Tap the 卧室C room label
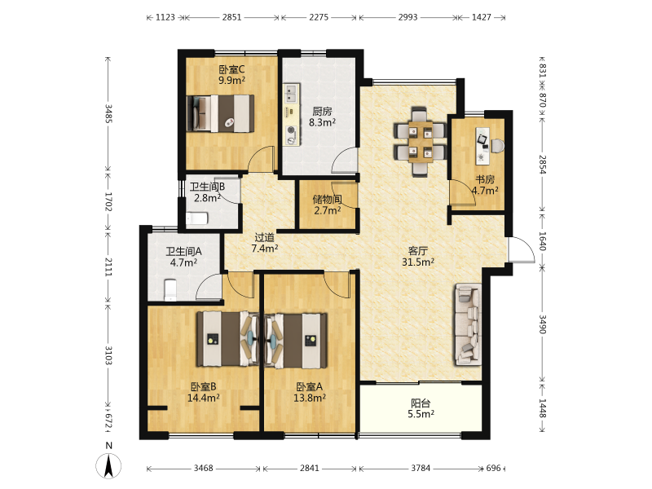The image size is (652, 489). pyautogui.click(x=231, y=69)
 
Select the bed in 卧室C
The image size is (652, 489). pyautogui.click(x=220, y=113)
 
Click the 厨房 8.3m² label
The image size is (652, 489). pyautogui.click(x=322, y=117)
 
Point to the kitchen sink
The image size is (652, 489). pyautogui.click(x=291, y=94)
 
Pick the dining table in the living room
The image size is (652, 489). pyautogui.click(x=421, y=142)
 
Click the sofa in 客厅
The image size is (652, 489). pyautogui.click(x=468, y=324)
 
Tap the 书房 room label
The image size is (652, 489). pyautogui.click(x=485, y=179)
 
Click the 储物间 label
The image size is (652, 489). pyautogui.click(x=328, y=199)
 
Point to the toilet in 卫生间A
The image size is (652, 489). pyautogui.click(x=170, y=290)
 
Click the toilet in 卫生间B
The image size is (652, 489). pyautogui.click(x=196, y=218)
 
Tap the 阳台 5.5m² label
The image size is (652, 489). pyautogui.click(x=421, y=408)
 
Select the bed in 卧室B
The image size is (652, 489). pyautogui.click(x=228, y=339)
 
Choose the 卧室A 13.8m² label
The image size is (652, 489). pyautogui.click(x=310, y=392)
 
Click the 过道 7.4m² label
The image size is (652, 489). pyautogui.click(x=264, y=243)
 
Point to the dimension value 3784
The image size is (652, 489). pyautogui.click(x=421, y=468)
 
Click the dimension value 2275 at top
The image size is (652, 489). pyautogui.click(x=319, y=17)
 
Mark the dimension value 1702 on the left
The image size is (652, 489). pyautogui.click(x=108, y=201)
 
